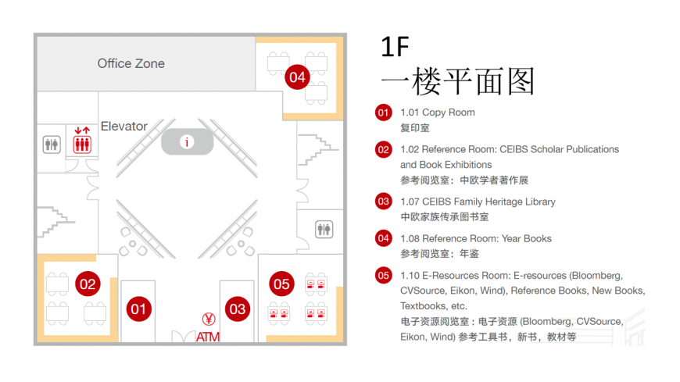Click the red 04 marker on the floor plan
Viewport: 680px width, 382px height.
pos(297,77)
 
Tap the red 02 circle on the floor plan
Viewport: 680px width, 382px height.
pos(88,284)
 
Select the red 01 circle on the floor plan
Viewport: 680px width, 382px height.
pos(139,309)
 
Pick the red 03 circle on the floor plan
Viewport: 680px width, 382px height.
pos(238,309)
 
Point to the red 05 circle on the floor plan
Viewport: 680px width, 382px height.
pos(281,284)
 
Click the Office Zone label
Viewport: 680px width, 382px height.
pos(131,63)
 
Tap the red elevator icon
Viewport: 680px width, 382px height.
pos(82,141)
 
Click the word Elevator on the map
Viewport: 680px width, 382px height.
pos(124,127)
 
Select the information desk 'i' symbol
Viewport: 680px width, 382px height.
pos(187,142)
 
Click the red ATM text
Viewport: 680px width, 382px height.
pos(208,337)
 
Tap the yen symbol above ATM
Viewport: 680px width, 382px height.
pos(209,320)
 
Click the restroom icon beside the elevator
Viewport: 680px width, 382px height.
pos(52,145)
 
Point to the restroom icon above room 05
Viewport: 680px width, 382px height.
pos(324,229)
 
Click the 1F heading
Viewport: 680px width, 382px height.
pos(395,47)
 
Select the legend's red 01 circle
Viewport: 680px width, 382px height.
pos(383,112)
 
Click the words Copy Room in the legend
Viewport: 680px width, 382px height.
pos(449,112)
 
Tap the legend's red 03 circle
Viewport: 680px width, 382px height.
pos(383,202)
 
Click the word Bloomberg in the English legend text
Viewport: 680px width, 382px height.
pos(596,276)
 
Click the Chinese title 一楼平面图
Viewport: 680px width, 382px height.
pos(457,81)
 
